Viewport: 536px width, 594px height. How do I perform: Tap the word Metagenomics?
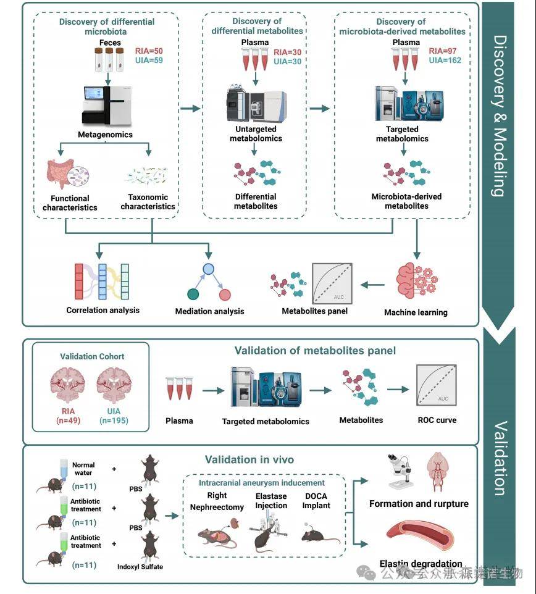[x=106, y=134]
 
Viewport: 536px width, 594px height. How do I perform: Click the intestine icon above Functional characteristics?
[x=61, y=174]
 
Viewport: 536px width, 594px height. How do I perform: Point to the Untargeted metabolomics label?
[x=255, y=133]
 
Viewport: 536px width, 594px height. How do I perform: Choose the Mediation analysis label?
[x=209, y=311]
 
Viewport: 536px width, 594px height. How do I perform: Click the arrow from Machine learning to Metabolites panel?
[x=373, y=285]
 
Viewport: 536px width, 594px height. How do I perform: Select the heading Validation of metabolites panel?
[x=315, y=351]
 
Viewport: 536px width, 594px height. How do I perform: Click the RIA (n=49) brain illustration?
[x=70, y=385]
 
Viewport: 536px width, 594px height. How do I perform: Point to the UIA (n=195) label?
[x=117, y=417]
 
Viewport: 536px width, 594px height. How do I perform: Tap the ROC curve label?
[x=437, y=420]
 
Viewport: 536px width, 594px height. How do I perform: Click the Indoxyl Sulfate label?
[x=140, y=566]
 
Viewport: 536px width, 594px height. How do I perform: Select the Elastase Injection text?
[x=272, y=501]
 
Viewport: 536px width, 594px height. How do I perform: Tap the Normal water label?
[x=83, y=469]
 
